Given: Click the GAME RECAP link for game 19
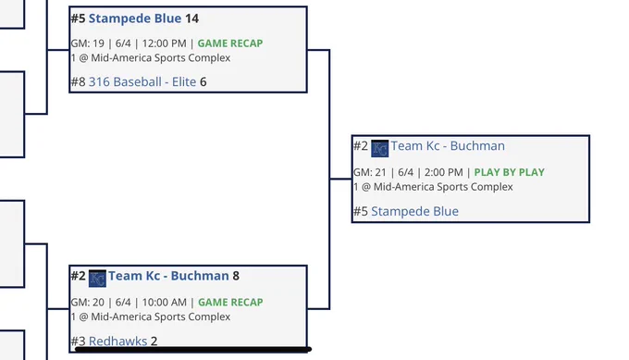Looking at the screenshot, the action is [x=230, y=43].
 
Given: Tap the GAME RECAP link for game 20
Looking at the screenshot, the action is [x=230, y=303].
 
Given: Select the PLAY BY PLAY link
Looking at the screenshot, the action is [x=510, y=172].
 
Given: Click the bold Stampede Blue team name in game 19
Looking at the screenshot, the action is [x=135, y=19].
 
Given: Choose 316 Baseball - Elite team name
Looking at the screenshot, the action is [x=142, y=81].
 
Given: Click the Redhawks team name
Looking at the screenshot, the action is [x=118, y=341].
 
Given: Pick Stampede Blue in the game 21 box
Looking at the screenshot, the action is [x=414, y=212].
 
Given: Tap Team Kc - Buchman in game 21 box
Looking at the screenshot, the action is [x=448, y=145].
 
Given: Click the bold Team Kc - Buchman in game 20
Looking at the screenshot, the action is [x=168, y=276].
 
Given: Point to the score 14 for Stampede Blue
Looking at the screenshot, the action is [x=191, y=19].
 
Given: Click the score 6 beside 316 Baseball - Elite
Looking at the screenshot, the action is [x=203, y=81].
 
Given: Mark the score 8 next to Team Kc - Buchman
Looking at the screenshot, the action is [x=236, y=276].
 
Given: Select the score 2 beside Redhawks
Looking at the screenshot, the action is [x=154, y=341].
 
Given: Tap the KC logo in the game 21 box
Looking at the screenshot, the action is [x=379, y=148].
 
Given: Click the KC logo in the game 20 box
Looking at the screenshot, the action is [x=97, y=279].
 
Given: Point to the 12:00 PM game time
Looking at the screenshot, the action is [x=164, y=43].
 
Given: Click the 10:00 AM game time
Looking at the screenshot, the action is [x=165, y=303].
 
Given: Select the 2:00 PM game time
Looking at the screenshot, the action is [x=444, y=172].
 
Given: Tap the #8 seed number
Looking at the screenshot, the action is [x=79, y=81].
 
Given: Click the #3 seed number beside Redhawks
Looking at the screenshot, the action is [x=79, y=341].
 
